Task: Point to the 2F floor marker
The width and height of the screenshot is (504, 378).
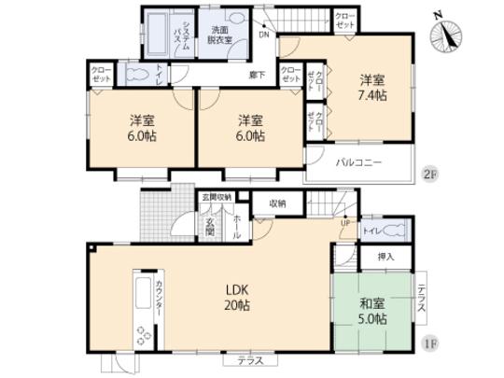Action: pyautogui.click(x=432, y=174)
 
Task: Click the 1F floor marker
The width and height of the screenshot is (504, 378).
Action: pyautogui.click(x=432, y=343)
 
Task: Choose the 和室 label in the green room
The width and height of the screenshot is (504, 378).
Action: pyautogui.click(x=372, y=302)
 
